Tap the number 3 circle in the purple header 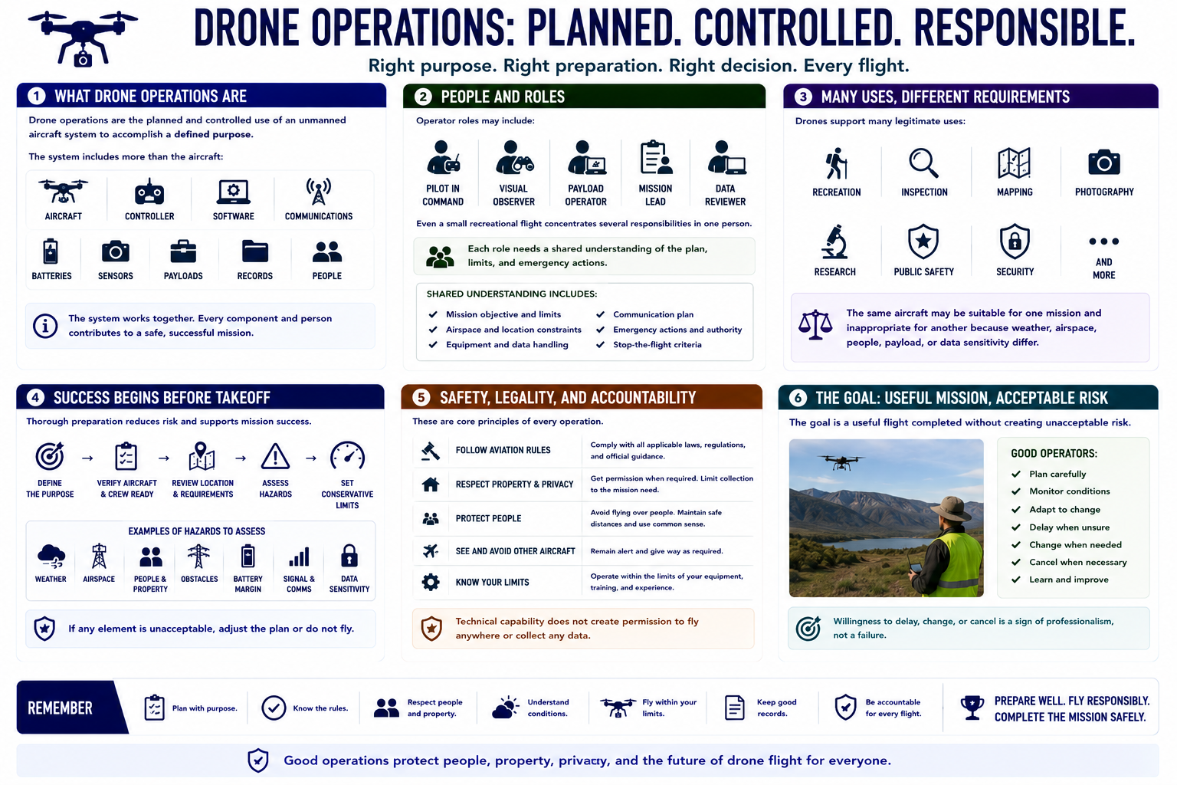(x=803, y=97)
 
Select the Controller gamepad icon (x=149, y=192)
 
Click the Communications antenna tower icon (x=319, y=191)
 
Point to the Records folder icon (x=255, y=251)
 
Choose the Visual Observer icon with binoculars (x=514, y=157)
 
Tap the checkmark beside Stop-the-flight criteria (x=600, y=344)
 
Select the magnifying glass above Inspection (x=923, y=163)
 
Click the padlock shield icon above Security (x=1015, y=241)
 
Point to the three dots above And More (x=1103, y=241)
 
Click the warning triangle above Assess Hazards (x=275, y=456)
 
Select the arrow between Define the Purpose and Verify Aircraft (x=88, y=458)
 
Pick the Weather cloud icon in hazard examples (x=51, y=557)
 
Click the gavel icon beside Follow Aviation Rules (x=431, y=451)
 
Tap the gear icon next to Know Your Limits (x=431, y=582)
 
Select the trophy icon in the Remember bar (x=972, y=708)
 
